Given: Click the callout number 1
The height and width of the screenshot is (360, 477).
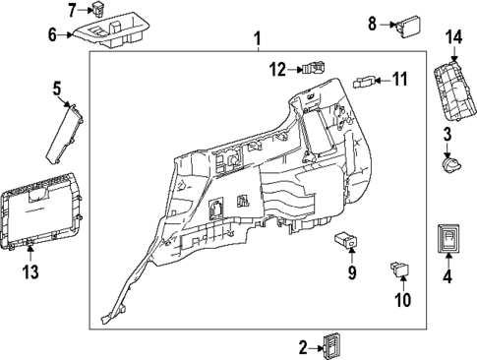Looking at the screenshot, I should coord(257,40).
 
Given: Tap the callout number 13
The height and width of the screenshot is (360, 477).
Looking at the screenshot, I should coord(30,270).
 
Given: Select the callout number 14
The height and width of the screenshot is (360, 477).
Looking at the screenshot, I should coord(452,37).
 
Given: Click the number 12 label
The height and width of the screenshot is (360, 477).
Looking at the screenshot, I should coord(277,69).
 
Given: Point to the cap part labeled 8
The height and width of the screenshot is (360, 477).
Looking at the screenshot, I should coord(406,24).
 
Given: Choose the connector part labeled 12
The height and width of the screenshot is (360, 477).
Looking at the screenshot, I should coord(312,69).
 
